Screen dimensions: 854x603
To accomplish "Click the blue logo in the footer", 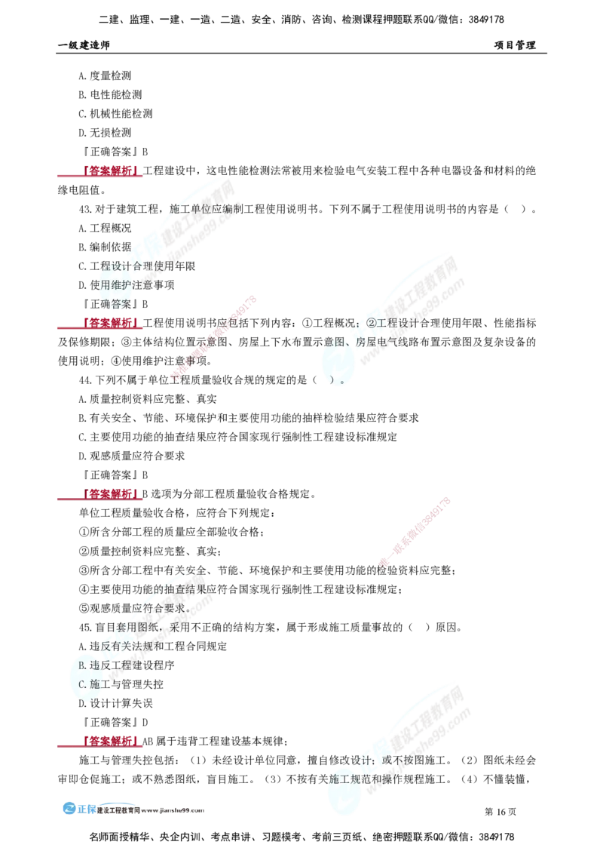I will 78,808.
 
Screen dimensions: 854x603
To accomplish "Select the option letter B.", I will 82,665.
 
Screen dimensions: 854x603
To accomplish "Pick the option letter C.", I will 82,684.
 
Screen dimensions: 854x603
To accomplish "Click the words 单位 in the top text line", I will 200,209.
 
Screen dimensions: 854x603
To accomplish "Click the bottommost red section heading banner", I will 111,742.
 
